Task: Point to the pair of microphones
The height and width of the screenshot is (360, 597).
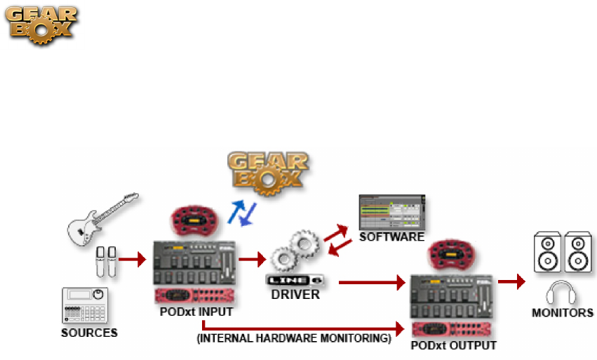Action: pyautogui.click(x=107, y=260)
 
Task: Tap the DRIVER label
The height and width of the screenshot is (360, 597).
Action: pyautogui.click(x=295, y=295)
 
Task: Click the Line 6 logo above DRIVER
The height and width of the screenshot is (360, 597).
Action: pyautogui.click(x=295, y=280)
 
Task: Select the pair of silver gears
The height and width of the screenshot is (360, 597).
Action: pyautogui.click(x=295, y=253)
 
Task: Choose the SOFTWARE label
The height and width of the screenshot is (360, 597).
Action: pyautogui.click(x=391, y=236)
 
